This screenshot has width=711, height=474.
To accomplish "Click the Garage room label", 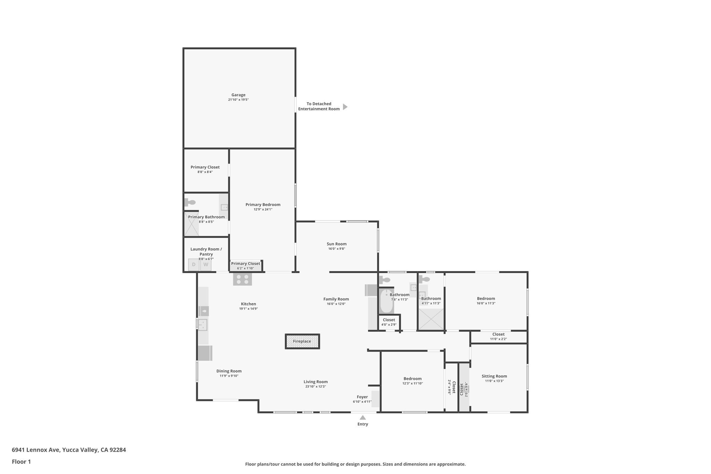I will tap(238, 95).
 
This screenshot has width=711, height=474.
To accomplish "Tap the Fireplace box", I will tap(302, 341).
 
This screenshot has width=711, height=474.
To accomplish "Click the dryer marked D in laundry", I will tap(194, 265).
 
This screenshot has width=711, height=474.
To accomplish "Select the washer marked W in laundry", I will tap(206, 265).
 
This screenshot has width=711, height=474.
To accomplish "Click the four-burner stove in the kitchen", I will tap(242, 280).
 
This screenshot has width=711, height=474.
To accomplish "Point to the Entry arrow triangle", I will tap(362, 417).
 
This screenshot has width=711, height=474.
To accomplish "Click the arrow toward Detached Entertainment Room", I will tap(345, 107).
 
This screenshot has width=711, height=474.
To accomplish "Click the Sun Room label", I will tap(336, 244).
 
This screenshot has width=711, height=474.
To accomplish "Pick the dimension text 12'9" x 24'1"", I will tap(263, 209).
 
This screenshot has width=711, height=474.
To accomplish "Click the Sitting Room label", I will tap(494, 376).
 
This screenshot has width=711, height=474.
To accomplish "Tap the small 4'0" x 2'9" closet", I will tap(389, 322).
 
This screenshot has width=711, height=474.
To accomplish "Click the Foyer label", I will tap(362, 397).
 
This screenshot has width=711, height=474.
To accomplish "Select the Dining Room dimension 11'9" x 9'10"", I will tap(229, 376).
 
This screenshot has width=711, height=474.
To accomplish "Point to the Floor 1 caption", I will tap(21, 462).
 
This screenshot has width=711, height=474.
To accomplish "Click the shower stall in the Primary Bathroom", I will tap(191, 224).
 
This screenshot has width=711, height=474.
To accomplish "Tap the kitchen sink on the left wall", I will tap(202, 325).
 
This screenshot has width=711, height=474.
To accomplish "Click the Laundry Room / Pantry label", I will tap(206, 251).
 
